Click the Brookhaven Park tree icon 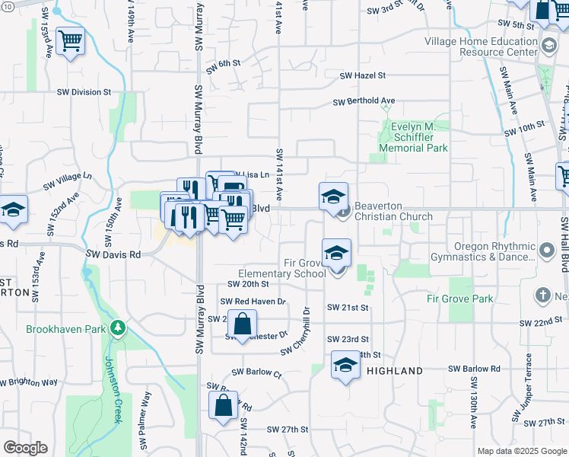tap(117, 329)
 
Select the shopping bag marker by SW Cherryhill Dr tap(242, 324)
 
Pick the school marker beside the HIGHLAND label tap(345, 366)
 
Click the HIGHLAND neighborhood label tap(394, 371)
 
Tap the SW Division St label tap(84, 92)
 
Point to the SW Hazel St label tap(363, 75)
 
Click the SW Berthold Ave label tap(364, 101)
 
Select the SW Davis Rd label tap(113, 255)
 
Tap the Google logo tap(25, 448)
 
